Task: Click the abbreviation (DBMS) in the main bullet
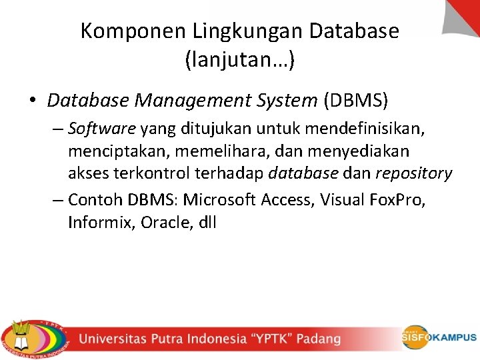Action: point(355,101)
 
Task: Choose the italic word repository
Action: point(413,174)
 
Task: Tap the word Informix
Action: point(101,222)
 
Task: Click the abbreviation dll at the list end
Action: point(207,222)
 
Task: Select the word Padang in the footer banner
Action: point(319,339)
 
